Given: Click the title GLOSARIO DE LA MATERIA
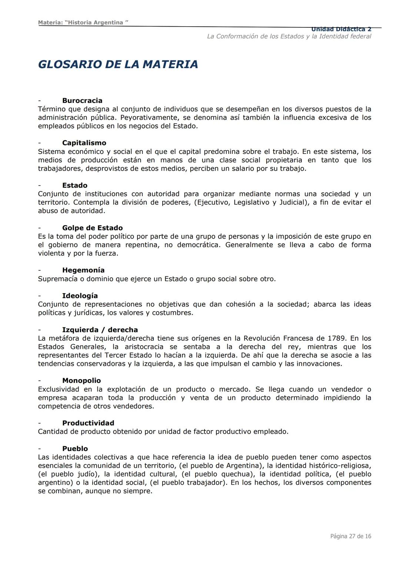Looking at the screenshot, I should [118, 64].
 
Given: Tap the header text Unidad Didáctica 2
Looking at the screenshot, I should [341, 29].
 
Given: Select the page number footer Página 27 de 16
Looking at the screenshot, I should [350, 536].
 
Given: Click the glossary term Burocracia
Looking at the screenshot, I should [82, 101].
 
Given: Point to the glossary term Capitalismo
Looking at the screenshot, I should [84, 143].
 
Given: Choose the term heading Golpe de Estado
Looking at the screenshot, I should [92, 228].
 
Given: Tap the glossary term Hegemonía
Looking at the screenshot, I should [83, 270].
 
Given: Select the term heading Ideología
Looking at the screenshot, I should [80, 296].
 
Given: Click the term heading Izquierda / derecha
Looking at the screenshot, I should [100, 330].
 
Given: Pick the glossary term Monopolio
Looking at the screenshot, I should [81, 380].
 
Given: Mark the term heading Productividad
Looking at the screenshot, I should [88, 423].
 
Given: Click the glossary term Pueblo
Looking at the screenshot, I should [75, 448].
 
